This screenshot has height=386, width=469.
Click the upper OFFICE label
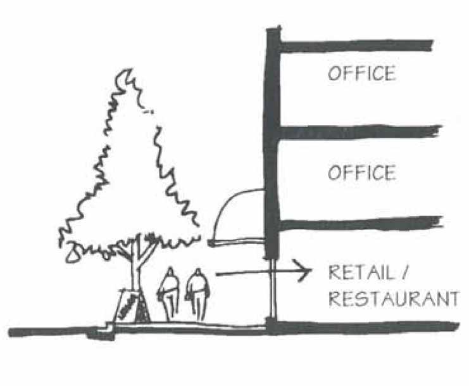(361, 73)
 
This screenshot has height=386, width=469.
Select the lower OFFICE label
(361, 172)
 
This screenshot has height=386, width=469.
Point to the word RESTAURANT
(392, 299)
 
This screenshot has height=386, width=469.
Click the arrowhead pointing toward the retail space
(306, 273)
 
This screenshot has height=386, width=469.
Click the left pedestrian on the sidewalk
(169, 293)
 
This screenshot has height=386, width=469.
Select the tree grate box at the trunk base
(130, 307)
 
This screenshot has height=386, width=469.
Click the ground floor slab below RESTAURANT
(364, 327)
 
